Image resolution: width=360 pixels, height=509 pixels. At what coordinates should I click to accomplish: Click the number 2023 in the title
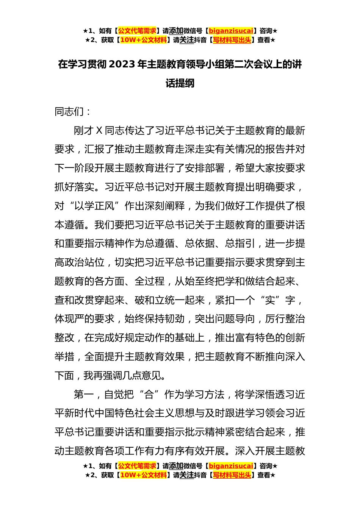[122, 64]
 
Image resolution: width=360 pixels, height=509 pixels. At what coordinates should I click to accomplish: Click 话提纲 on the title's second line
[180, 83]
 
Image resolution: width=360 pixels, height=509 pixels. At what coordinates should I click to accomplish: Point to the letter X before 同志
[99, 131]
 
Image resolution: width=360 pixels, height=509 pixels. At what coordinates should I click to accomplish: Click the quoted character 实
[270, 300]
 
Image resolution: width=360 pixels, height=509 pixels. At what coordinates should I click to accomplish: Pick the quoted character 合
[149, 395]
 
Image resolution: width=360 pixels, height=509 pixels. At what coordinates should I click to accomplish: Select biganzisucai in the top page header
[231, 31]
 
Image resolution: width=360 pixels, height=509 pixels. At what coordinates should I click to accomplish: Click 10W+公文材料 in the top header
[143, 40]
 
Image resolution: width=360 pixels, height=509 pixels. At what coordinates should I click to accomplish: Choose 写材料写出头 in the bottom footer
[232, 475]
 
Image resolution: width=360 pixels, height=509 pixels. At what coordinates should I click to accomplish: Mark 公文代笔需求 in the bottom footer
[137, 466]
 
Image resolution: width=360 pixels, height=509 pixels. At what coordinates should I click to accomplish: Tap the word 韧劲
[175, 319]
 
